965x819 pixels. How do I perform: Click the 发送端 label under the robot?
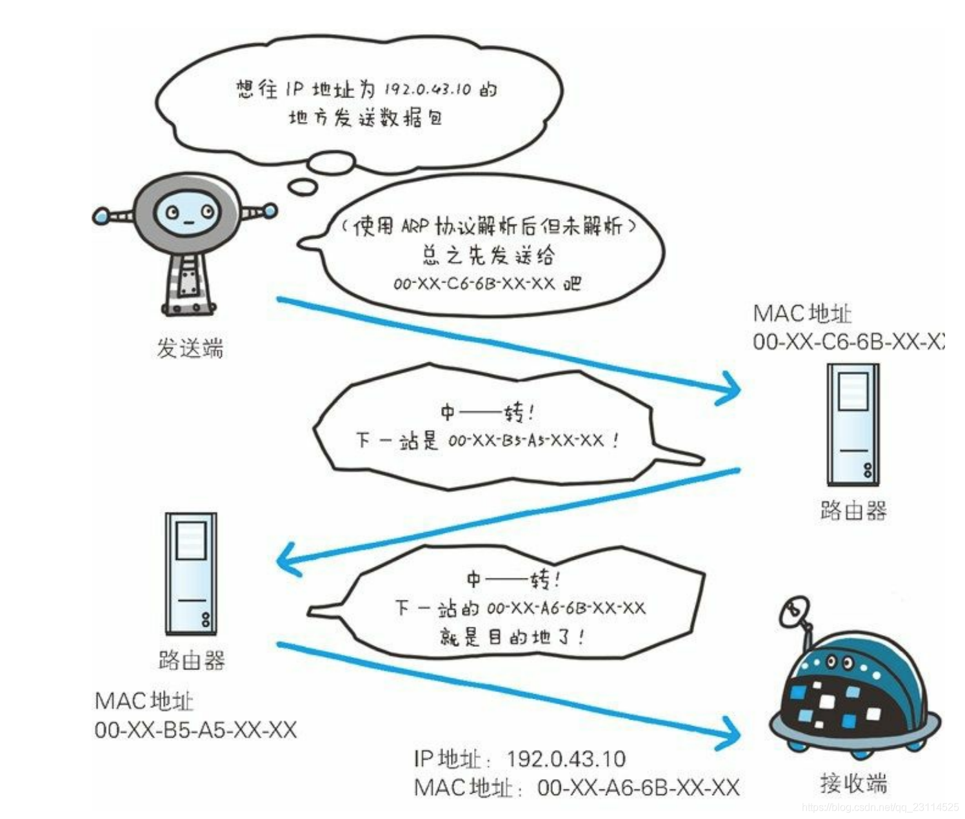point(190,349)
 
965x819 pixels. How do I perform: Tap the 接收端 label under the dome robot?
point(853,784)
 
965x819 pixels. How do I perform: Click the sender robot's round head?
point(187,212)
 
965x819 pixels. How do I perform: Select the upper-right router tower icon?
point(853,424)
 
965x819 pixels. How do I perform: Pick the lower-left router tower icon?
point(191,573)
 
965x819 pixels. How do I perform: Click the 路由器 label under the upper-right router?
point(853,510)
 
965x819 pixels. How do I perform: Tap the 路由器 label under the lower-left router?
point(192,660)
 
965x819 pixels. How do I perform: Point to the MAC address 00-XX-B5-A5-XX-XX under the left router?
point(195,730)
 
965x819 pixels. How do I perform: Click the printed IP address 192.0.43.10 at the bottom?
point(566,758)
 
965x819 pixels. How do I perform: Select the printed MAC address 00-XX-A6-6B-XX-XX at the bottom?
point(638,787)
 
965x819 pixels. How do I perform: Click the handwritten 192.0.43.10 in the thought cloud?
point(428,89)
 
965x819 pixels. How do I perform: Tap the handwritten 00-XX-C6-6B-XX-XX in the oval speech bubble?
point(474,284)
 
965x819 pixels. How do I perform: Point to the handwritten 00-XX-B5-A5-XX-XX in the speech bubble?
point(526,441)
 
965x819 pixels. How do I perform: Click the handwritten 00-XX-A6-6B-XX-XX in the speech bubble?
point(566,607)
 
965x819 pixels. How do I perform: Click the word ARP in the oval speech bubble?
point(415,226)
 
